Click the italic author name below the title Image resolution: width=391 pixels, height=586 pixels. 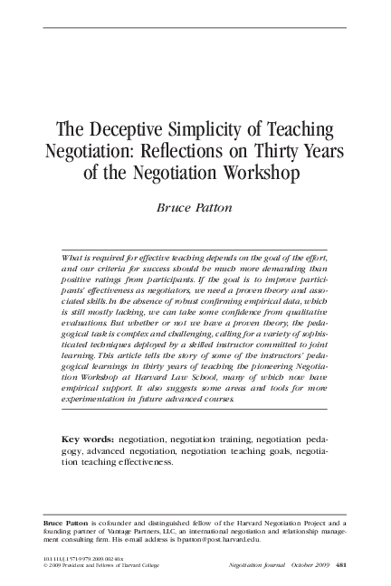pyautogui.click(x=195, y=205)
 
